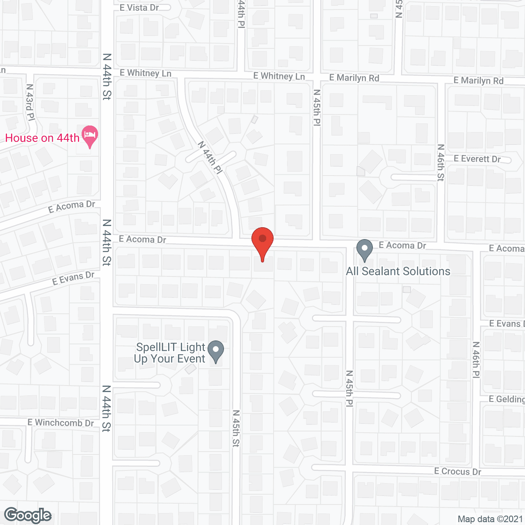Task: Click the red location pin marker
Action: pyautogui.click(x=262, y=242)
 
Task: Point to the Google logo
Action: pyautogui.click(x=28, y=516)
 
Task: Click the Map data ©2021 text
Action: pyautogui.click(x=490, y=519)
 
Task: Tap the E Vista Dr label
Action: pyautogui.click(x=139, y=8)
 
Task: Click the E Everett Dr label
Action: pyautogui.click(x=477, y=159)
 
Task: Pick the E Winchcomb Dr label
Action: pyautogui.click(x=61, y=422)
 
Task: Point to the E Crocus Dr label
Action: pyautogui.click(x=458, y=471)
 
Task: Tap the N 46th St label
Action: pyautogui.click(x=441, y=162)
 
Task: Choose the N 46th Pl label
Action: pyautogui.click(x=476, y=360)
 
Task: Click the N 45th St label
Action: pyautogui.click(x=236, y=428)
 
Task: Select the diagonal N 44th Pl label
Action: pyautogui.click(x=210, y=157)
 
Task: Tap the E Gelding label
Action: pyautogui.click(x=507, y=399)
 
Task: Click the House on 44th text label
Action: pyautogui.click(x=42, y=138)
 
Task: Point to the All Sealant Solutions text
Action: pyautogui.click(x=398, y=271)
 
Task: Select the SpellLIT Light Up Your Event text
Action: pyautogui.click(x=170, y=353)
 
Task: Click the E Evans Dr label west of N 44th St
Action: pyautogui.click(x=73, y=278)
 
